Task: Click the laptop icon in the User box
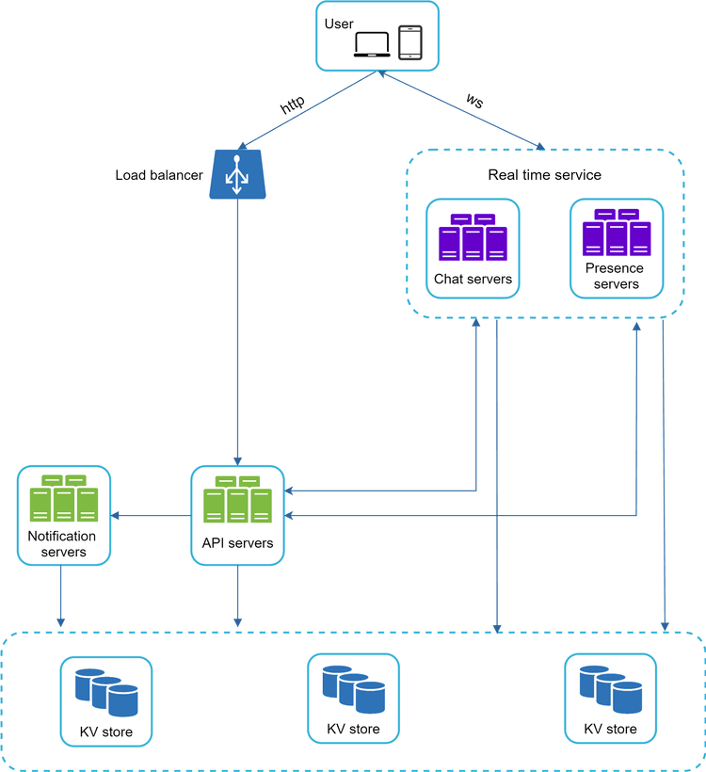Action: click(x=372, y=43)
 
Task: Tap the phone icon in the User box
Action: click(x=410, y=42)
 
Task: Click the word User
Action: click(x=339, y=23)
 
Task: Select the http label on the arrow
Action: click(x=293, y=105)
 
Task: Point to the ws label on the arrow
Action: click(x=474, y=100)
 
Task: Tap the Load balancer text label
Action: click(x=159, y=175)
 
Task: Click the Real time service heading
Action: click(x=544, y=175)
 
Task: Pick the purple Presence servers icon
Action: click(x=617, y=233)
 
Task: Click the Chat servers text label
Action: click(x=473, y=279)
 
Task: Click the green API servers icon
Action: click(x=237, y=500)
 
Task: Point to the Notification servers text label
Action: click(x=64, y=544)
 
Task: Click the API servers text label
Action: click(x=237, y=543)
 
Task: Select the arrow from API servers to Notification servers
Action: click(x=151, y=515)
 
